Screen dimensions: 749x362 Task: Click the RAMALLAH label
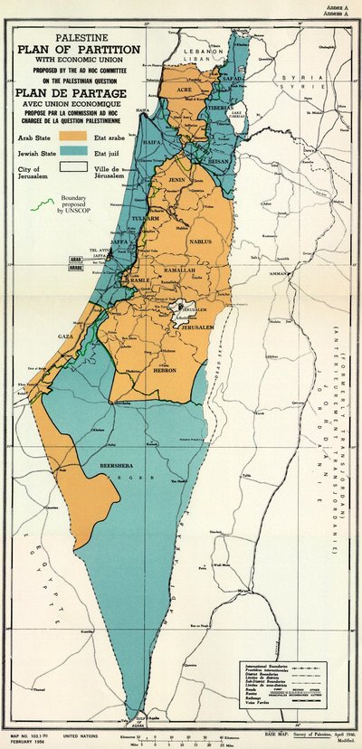180,271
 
